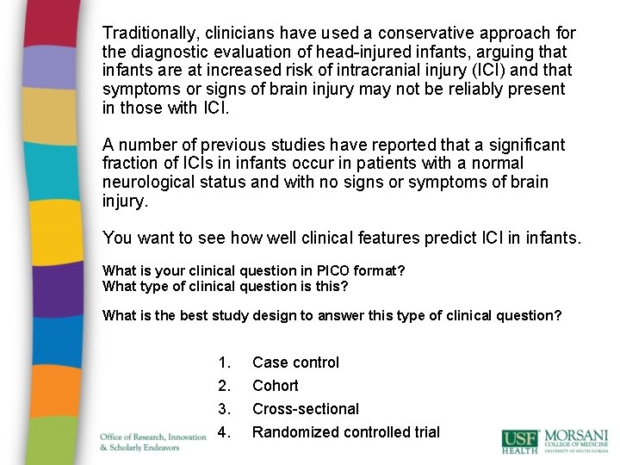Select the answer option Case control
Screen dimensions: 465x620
(295, 363)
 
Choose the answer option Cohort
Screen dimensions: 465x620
(275, 386)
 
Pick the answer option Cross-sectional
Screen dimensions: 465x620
(305, 409)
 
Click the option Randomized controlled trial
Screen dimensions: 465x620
(345, 432)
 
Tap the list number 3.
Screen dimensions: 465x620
(224, 409)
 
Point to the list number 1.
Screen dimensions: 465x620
(224, 363)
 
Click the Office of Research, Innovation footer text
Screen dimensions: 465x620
(153, 437)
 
